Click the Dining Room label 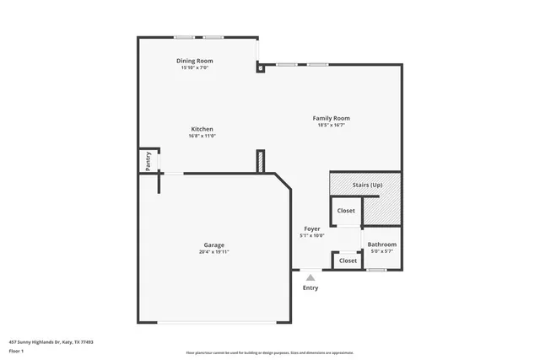tap(194, 61)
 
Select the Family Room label tap(332, 118)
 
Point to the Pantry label tap(148, 161)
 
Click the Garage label tap(213, 244)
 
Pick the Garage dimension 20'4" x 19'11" tap(213, 251)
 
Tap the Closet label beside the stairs tap(346, 211)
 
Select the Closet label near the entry tap(348, 261)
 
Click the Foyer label tap(312, 228)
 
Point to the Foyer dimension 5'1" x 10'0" tap(312, 236)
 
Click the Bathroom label tap(381, 244)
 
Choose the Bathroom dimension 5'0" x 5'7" tap(381, 251)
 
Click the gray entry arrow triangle tap(310, 277)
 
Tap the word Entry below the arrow tap(310, 288)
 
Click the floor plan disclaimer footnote tap(269, 352)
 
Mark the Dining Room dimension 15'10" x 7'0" tap(194, 67)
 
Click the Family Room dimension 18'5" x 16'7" tap(332, 126)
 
